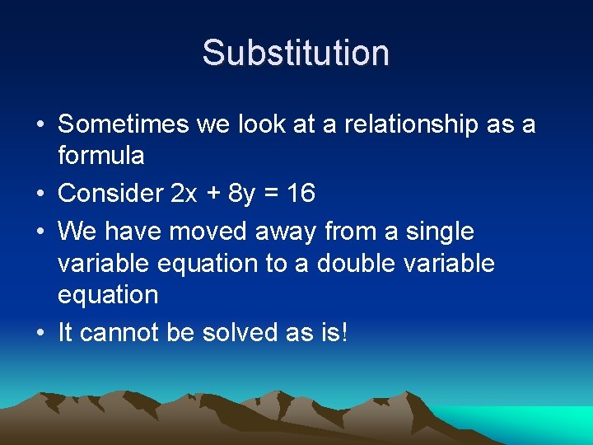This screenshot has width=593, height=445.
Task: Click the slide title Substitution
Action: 296,52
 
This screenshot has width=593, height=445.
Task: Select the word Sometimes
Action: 124,124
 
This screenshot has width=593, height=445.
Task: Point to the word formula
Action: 101,155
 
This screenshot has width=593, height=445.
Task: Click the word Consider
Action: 111,193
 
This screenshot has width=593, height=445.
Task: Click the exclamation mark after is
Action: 344,332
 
